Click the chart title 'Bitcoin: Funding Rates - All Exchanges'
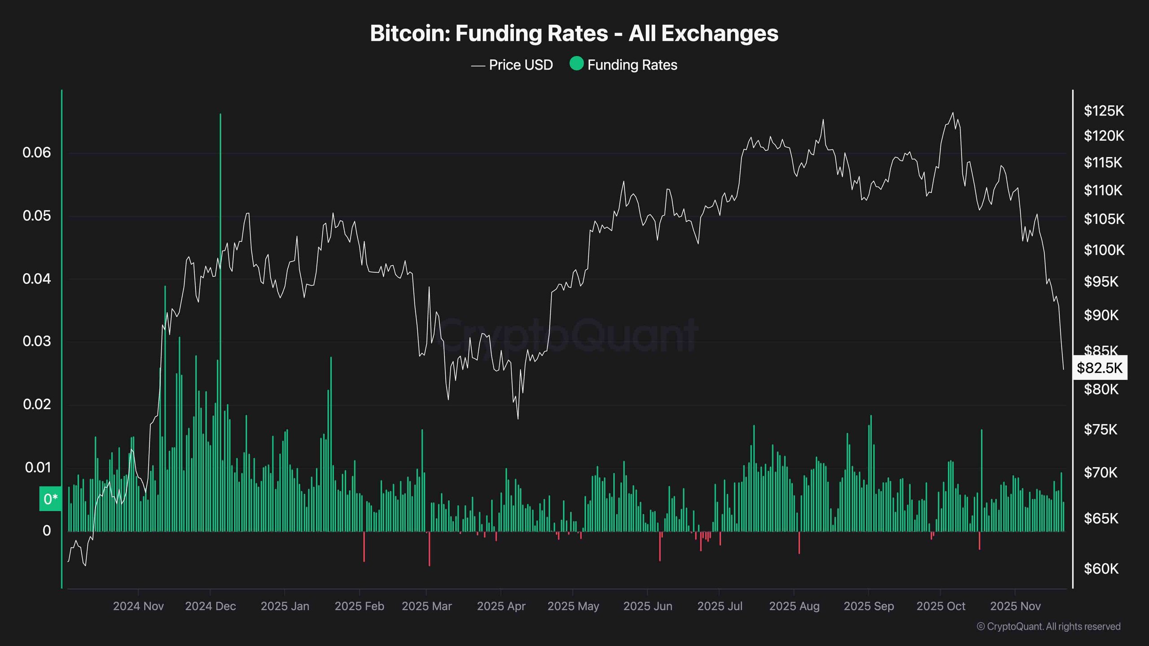tap(574, 34)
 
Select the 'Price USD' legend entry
tap(520, 65)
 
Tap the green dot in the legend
tap(576, 64)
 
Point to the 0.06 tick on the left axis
tap(37, 153)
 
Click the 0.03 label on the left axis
tap(37, 341)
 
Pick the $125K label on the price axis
tap(1104, 111)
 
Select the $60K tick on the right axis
tap(1101, 569)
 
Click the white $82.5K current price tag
tap(1100, 368)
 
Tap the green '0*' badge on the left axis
tap(50, 499)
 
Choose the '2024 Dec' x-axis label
tap(210, 606)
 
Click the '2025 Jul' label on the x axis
tap(719, 606)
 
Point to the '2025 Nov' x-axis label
tap(1015, 606)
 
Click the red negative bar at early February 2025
tap(364, 547)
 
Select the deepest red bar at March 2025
tap(430, 550)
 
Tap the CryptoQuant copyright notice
tap(1048, 626)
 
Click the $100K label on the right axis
tap(1104, 250)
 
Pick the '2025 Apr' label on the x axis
tap(501, 606)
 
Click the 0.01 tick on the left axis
tap(38, 467)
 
